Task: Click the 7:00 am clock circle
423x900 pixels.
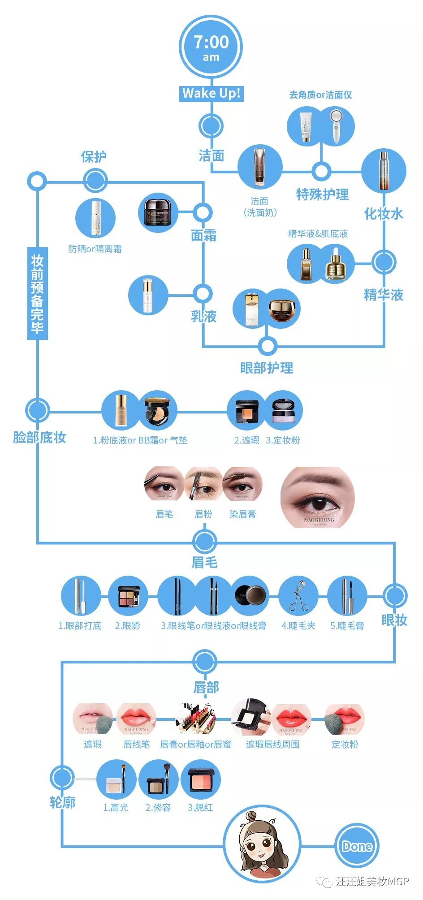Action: (x=211, y=47)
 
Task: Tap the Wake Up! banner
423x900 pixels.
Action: (x=211, y=93)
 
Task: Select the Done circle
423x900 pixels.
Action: (x=357, y=846)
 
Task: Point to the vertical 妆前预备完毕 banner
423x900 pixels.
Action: (x=37, y=293)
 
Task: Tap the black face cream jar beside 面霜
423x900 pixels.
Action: (x=158, y=212)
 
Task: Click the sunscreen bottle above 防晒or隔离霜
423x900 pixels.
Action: (x=95, y=218)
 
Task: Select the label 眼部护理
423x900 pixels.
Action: (x=267, y=368)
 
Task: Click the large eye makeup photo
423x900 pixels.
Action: (x=318, y=497)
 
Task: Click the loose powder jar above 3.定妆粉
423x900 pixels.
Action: (x=283, y=410)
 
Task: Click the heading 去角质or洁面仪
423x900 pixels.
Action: (x=320, y=95)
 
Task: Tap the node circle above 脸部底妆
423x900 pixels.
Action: (x=37, y=410)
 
